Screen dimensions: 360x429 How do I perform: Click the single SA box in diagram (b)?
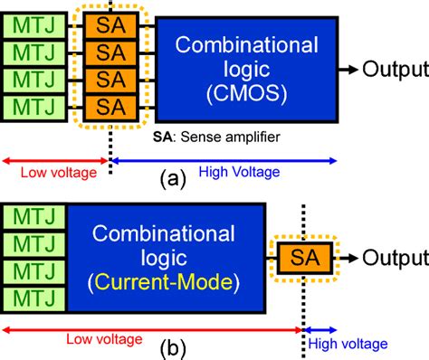303,258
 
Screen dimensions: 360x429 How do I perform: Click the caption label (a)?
173,180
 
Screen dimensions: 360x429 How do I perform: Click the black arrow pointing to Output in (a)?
349,69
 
